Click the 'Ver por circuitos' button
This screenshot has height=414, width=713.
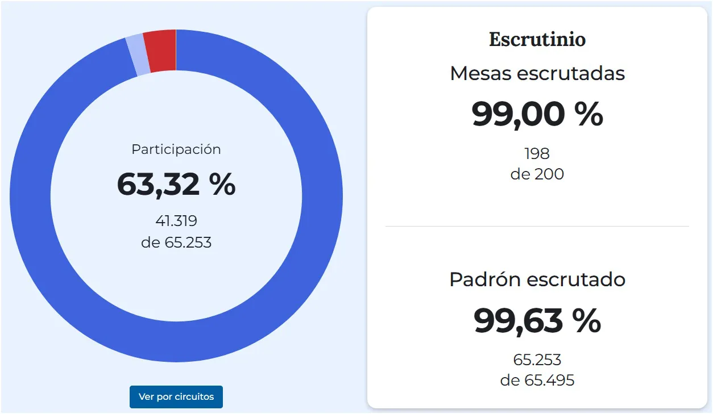tap(176, 396)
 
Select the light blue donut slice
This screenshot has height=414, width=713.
tap(138, 56)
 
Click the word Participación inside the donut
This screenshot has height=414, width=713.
tap(176, 149)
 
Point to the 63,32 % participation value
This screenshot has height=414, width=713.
tap(176, 185)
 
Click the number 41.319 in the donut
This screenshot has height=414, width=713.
tap(176, 221)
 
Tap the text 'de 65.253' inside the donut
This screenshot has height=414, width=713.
tap(176, 243)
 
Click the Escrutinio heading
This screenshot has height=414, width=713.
tap(537, 40)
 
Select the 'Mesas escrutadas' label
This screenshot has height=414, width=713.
tap(537, 73)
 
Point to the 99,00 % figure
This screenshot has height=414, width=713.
tap(537, 114)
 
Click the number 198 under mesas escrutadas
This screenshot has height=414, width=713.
tap(537, 153)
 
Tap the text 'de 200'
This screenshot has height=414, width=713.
tap(537, 174)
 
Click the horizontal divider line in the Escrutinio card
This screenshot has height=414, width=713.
tap(537, 226)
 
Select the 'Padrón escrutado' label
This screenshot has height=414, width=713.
tap(537, 279)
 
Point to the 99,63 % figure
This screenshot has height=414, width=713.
tap(537, 321)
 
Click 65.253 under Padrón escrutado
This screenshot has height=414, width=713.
tap(537, 360)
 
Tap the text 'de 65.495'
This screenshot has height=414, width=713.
tap(537, 380)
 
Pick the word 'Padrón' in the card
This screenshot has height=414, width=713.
tap(485, 279)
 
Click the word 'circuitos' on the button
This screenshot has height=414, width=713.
tap(194, 396)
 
